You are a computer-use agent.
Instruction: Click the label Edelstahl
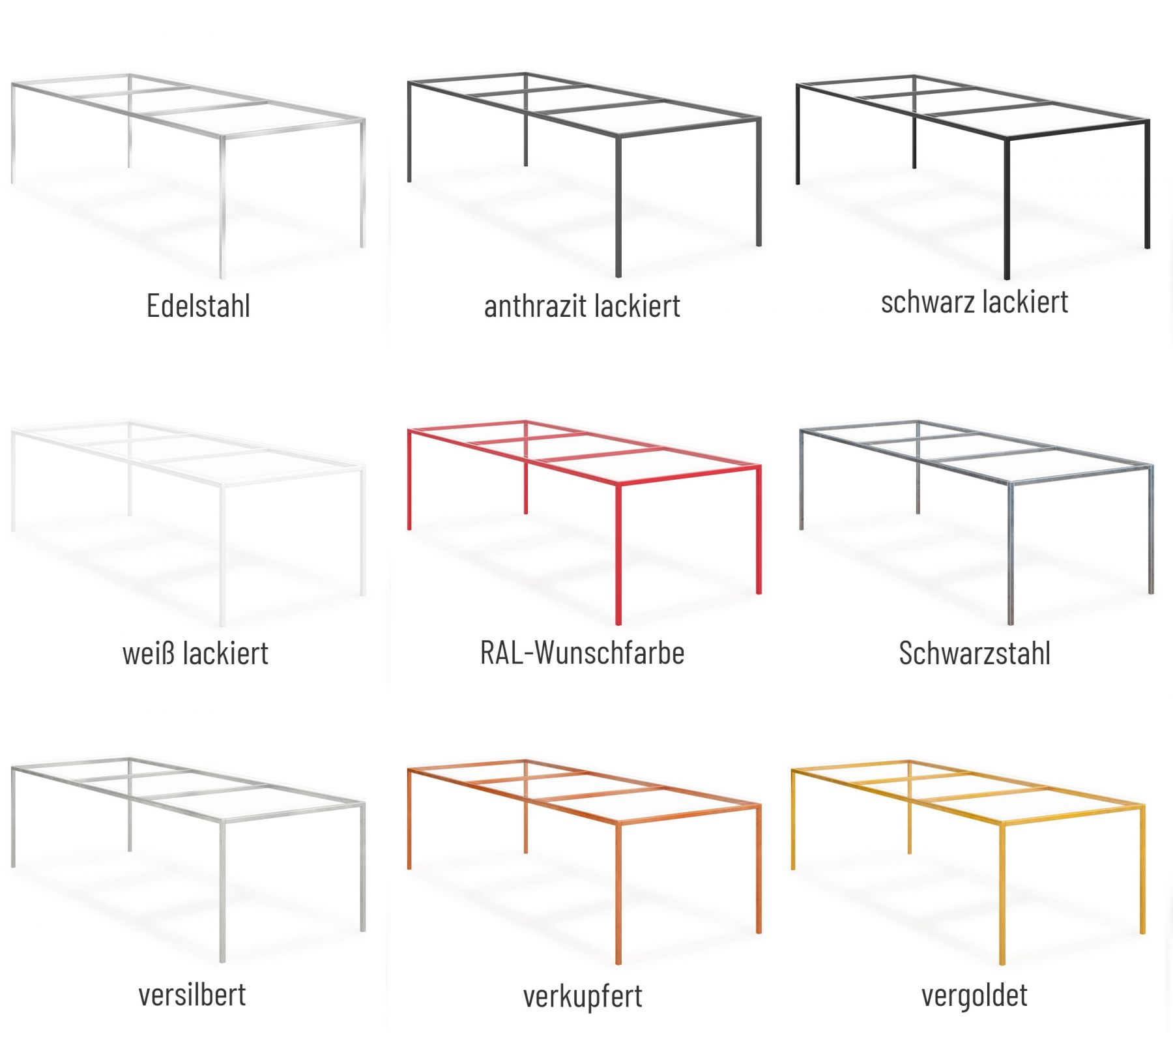pyautogui.click(x=198, y=306)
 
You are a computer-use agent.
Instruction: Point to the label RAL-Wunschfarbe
pyautogui.click(x=582, y=653)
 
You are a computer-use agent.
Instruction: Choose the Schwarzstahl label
pyautogui.click(x=974, y=653)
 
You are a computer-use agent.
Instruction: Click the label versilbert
pyautogui.click(x=192, y=995)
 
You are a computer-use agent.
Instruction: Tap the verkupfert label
pyautogui.click(x=583, y=996)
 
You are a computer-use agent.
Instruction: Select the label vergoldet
pyautogui.click(x=974, y=995)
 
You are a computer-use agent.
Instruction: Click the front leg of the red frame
pyautogui.click(x=618, y=554)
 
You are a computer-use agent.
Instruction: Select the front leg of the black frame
pyautogui.click(x=1007, y=209)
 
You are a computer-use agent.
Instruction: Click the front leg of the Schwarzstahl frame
pyautogui.click(x=1011, y=554)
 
